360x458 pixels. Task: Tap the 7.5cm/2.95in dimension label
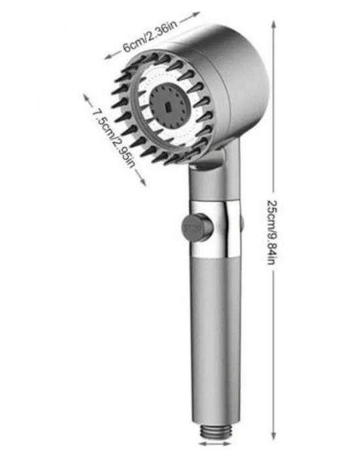click(x=114, y=137)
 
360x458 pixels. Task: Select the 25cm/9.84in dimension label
click(x=272, y=232)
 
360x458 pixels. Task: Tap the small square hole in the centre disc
click(x=168, y=107)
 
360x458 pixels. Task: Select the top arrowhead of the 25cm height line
click(x=274, y=25)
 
